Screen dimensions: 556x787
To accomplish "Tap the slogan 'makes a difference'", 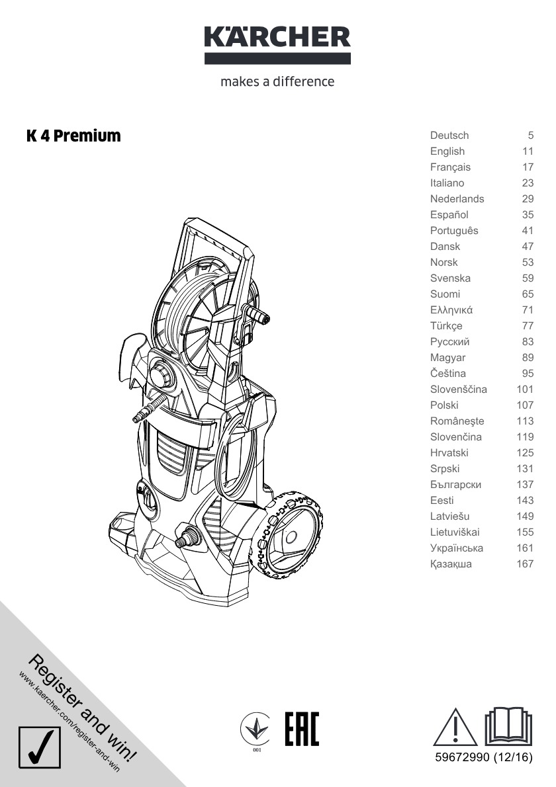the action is [x=277, y=81].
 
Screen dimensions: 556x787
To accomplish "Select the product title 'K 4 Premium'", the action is [x=74, y=136].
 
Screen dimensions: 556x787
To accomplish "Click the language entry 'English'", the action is [x=447, y=151].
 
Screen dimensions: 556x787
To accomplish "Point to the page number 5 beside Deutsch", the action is [x=530, y=136].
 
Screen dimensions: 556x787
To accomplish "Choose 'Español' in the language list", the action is [x=449, y=215].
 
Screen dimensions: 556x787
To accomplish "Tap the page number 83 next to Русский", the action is [x=528, y=342].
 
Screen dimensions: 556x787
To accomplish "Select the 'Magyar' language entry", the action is [x=447, y=358].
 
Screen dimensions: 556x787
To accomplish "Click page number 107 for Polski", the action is [x=525, y=405].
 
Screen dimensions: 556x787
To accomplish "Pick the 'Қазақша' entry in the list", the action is [x=451, y=564].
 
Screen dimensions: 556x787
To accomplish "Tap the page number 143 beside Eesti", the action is [x=525, y=501].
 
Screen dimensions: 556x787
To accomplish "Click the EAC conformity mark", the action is [x=302, y=729].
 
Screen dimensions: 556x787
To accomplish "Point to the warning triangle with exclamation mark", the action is [x=455, y=727].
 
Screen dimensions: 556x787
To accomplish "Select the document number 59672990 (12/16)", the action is [x=484, y=757].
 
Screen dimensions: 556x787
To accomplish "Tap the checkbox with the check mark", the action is [x=40, y=747].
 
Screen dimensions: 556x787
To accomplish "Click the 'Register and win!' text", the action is [x=82, y=707].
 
